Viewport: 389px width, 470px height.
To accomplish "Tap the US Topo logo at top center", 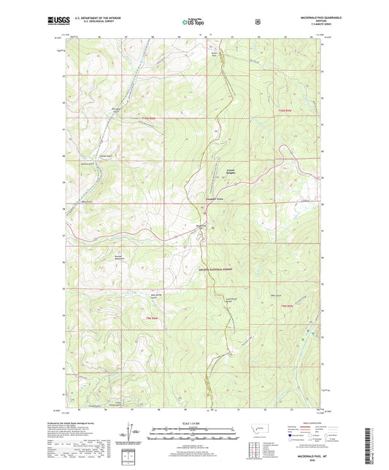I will (193, 23).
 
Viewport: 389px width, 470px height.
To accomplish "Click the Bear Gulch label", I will (277, 296).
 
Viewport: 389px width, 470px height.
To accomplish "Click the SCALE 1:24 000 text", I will (193, 423).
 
